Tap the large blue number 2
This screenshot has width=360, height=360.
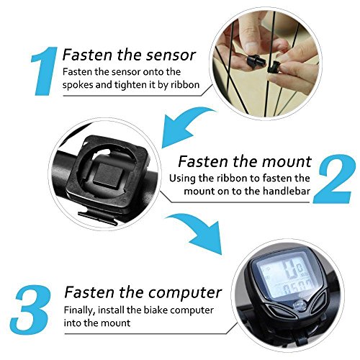(334, 179)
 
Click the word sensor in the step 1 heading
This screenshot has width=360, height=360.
(171, 55)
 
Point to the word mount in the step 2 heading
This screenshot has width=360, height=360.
(287, 161)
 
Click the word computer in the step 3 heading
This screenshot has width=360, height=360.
(184, 292)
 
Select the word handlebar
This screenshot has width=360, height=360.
(287, 191)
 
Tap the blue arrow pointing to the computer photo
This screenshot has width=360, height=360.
(197, 233)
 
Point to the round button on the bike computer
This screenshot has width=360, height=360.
(300, 306)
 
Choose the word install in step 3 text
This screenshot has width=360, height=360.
(111, 310)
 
